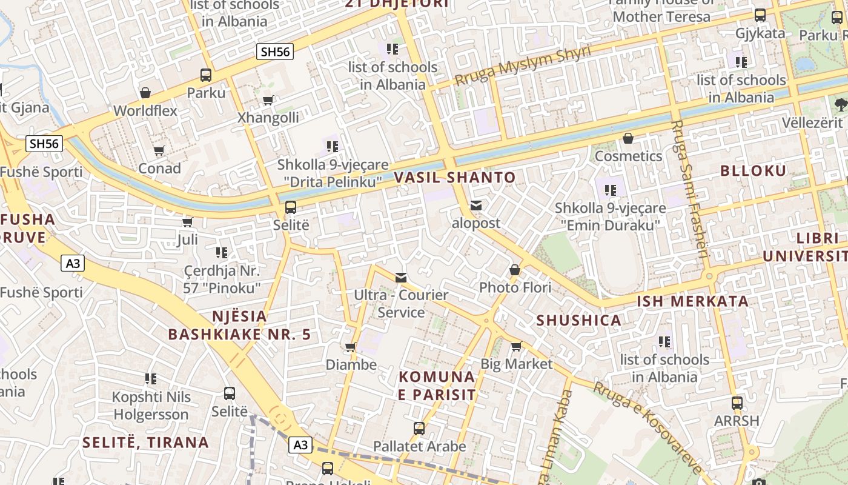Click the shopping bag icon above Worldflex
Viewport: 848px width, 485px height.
145,93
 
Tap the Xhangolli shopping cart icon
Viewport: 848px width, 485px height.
268,100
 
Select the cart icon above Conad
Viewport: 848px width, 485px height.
159,150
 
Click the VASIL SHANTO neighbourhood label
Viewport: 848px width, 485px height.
455,178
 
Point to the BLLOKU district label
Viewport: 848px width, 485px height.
753,170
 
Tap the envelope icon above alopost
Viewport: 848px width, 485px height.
476,206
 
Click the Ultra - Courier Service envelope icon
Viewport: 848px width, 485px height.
401,278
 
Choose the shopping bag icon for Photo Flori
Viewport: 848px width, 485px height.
515,270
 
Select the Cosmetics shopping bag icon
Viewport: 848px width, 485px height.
628,139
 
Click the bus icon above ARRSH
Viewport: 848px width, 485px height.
737,403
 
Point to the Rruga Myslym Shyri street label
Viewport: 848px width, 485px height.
522,65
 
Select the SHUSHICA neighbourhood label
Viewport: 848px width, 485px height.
578,320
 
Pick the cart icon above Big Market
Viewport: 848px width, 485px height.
516,347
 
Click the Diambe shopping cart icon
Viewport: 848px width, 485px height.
350,347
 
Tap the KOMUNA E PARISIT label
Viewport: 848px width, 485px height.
437,386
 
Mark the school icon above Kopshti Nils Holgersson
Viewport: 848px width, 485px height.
151,380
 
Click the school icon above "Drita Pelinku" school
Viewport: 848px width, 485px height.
332,147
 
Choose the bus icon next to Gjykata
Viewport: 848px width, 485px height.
760,16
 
